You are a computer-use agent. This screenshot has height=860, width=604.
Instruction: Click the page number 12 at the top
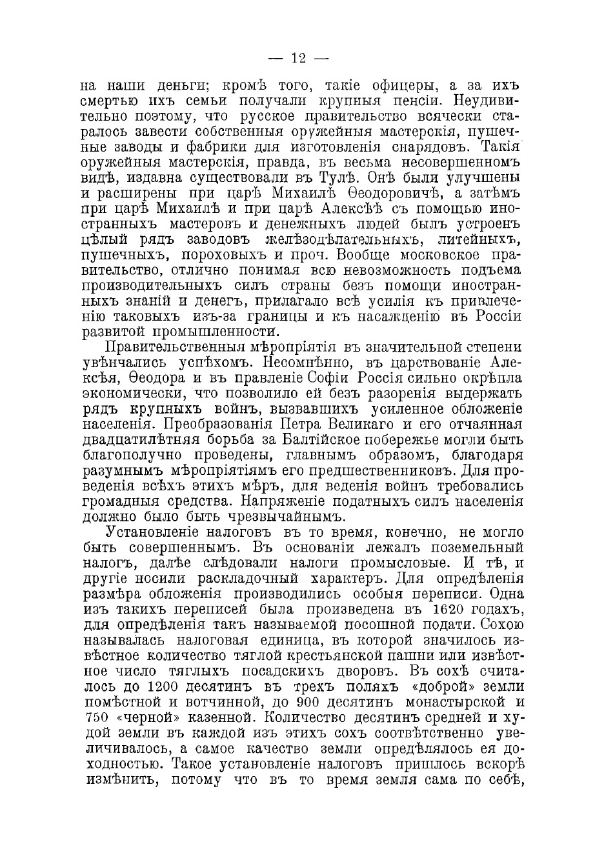298,59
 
